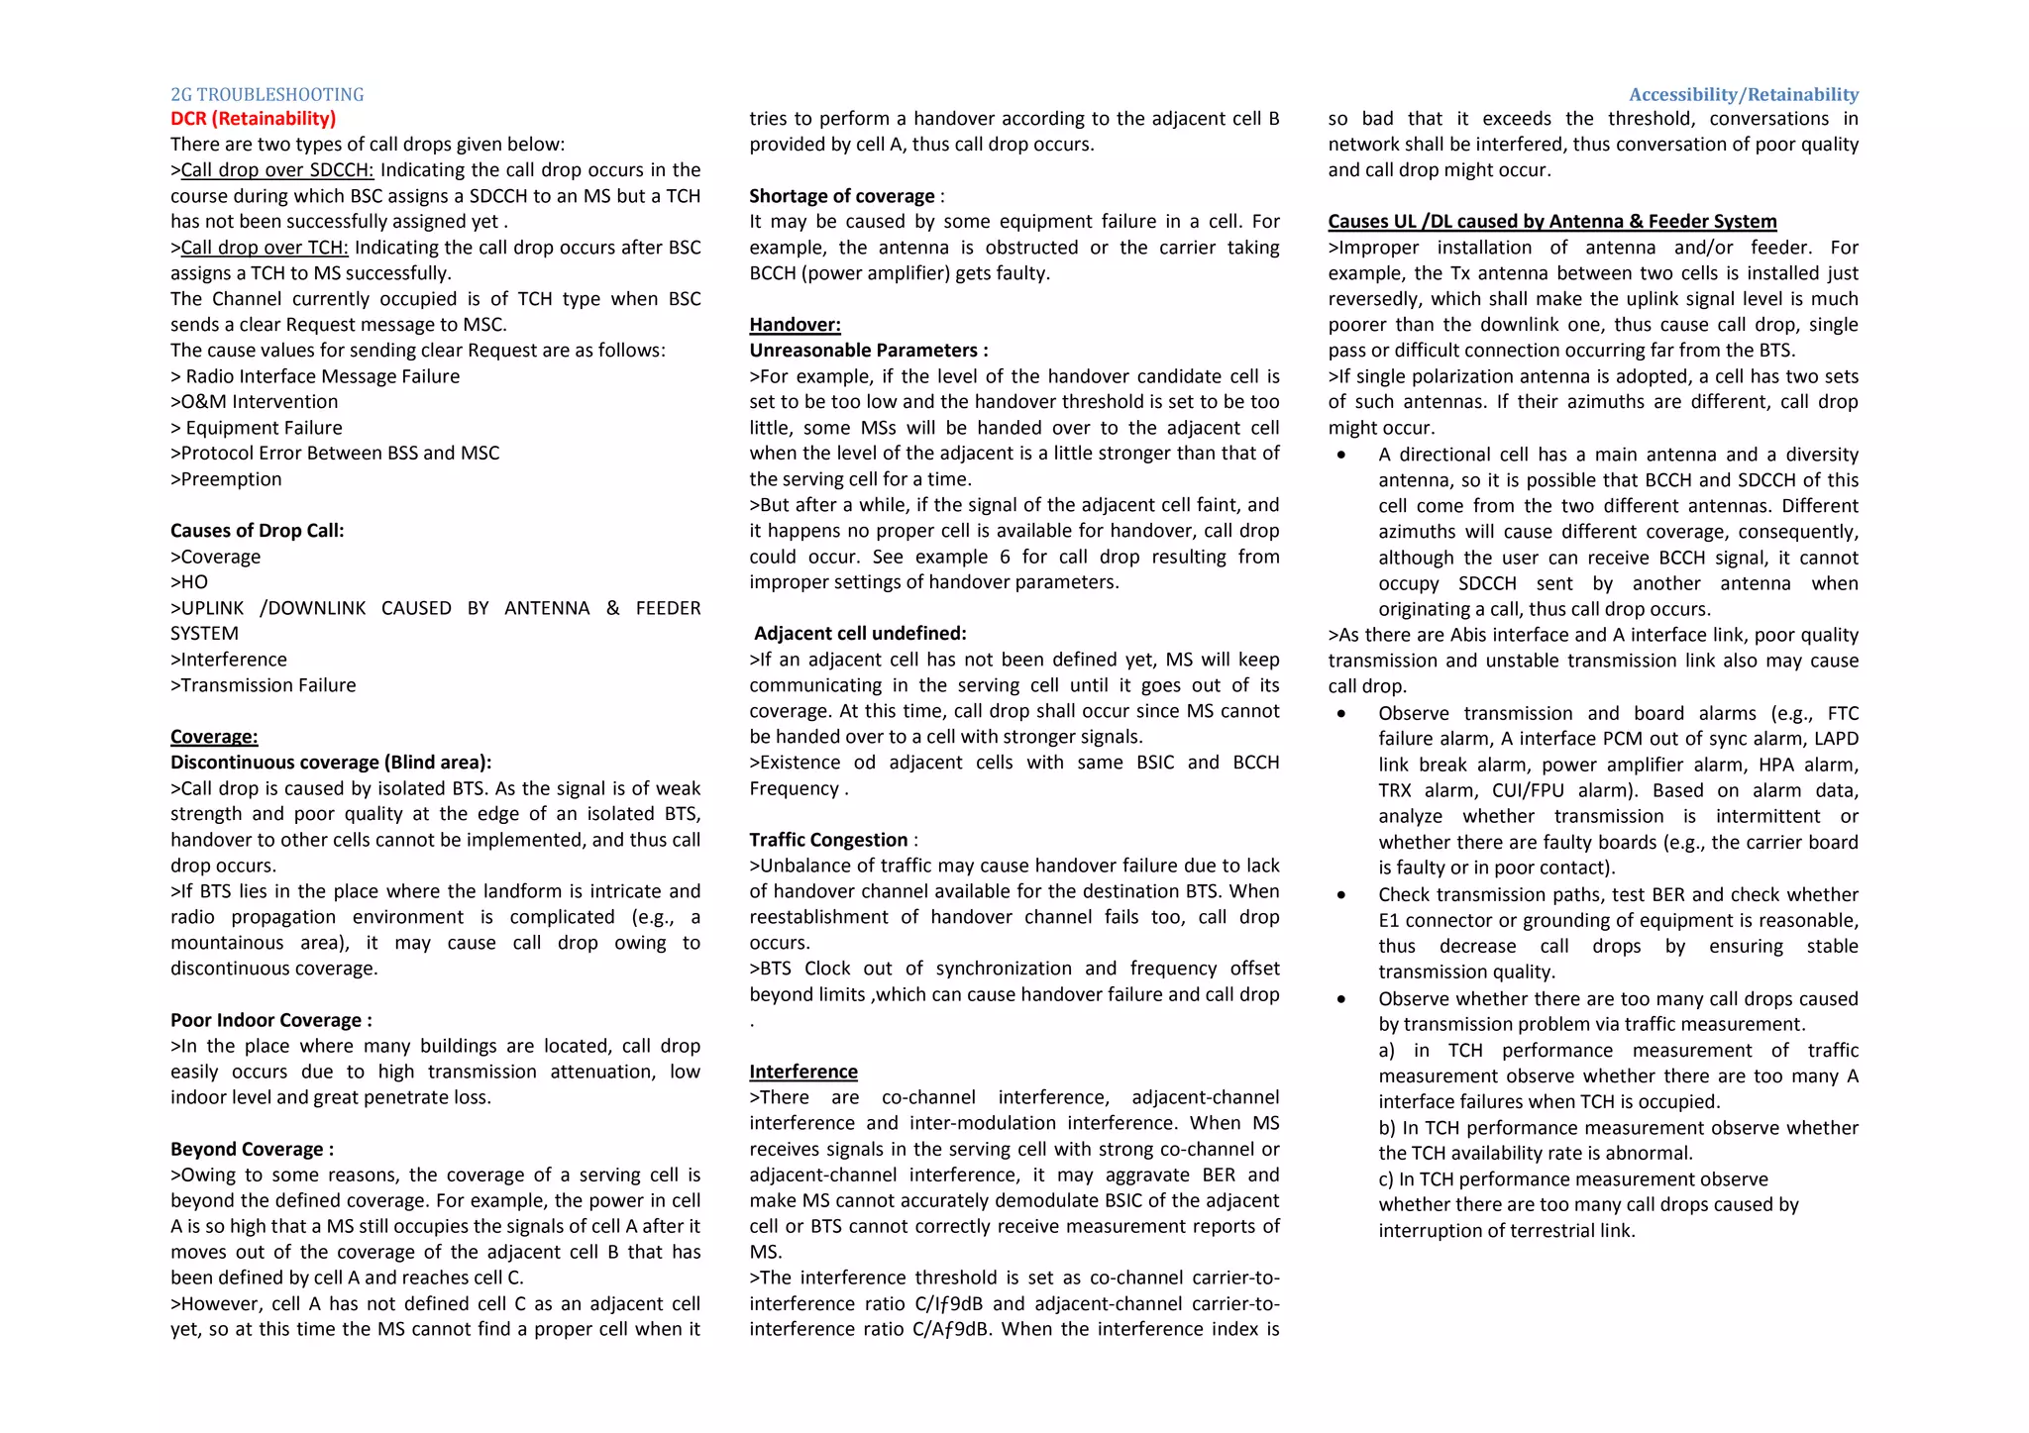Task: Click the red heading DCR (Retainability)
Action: (253, 119)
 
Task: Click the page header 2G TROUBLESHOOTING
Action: (267, 95)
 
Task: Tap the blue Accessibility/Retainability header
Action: (1743, 95)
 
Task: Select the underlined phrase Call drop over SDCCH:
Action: (277, 170)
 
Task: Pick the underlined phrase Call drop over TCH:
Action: (265, 248)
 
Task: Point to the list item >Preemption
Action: (226, 479)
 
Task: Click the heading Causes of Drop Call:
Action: (257, 531)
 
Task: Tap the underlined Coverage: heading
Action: (214, 737)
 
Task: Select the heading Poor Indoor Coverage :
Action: (270, 1020)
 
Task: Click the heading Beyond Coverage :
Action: (252, 1149)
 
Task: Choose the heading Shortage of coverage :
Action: (846, 196)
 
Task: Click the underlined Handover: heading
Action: (795, 325)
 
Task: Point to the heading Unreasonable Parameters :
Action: (868, 351)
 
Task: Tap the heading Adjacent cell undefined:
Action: (860, 634)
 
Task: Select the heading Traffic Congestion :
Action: (832, 840)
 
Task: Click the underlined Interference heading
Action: (802, 1072)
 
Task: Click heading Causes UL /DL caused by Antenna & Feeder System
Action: (1551, 222)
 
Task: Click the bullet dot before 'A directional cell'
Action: (1341, 456)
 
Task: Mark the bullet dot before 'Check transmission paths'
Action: (1341, 895)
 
